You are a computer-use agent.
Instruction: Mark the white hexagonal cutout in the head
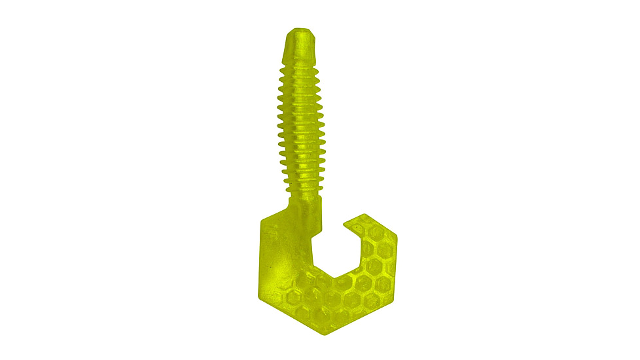coord(335,252)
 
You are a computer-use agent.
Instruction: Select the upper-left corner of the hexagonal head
coord(262,219)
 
